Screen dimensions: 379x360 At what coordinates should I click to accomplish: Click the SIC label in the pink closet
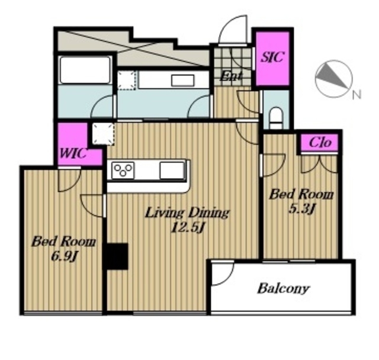[272, 57]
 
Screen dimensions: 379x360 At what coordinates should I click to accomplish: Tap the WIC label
[73, 153]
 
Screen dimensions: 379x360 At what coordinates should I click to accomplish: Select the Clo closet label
[320, 142]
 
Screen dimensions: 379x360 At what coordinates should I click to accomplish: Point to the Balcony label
[283, 288]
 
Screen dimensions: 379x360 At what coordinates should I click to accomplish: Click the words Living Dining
[187, 213]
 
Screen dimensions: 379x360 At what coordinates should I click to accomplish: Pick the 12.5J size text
[188, 227]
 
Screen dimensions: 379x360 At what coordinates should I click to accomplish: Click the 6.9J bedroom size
[63, 256]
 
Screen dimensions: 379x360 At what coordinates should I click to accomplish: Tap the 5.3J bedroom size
[301, 209]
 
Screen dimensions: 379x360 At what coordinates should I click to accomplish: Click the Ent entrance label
[231, 76]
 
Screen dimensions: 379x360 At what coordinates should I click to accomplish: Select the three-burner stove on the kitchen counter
[123, 171]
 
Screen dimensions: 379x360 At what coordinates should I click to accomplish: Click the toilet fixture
[276, 117]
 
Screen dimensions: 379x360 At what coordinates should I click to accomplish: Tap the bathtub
[85, 70]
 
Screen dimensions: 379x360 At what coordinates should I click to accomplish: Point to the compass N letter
[356, 95]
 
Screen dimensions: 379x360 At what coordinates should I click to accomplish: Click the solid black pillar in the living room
[115, 256]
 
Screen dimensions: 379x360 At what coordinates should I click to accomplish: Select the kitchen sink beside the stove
[172, 171]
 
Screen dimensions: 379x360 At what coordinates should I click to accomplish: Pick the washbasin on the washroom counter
[182, 81]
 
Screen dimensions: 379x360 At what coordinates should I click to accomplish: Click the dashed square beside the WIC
[103, 134]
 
